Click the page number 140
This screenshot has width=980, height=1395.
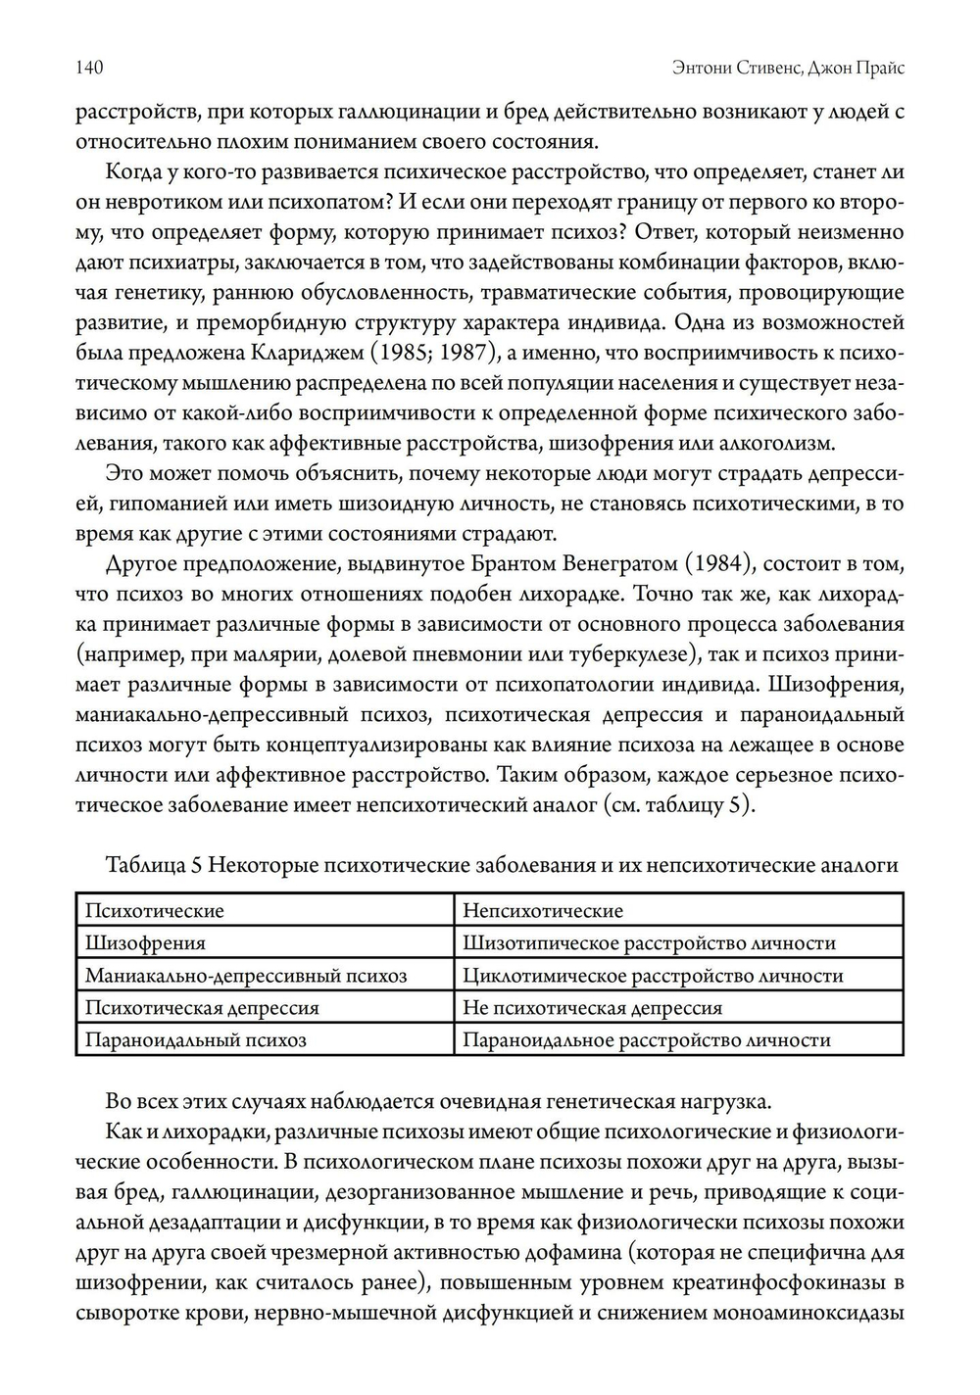pyautogui.click(x=89, y=68)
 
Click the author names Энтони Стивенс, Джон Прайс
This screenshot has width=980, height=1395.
pyautogui.click(x=789, y=68)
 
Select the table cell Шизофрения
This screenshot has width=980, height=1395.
pyautogui.click(x=146, y=942)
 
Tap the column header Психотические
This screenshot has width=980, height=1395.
pyautogui.click(x=155, y=910)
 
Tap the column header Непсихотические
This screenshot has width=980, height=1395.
pyautogui.click(x=542, y=910)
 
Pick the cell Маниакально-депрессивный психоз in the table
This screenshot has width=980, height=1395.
pyautogui.click(x=246, y=975)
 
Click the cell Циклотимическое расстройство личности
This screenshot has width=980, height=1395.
pyautogui.click(x=653, y=975)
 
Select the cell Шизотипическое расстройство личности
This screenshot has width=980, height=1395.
pyautogui.click(x=649, y=942)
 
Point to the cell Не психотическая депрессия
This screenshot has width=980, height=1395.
pyautogui.click(x=592, y=1007)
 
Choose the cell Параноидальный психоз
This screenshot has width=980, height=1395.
pyautogui.click(x=196, y=1039)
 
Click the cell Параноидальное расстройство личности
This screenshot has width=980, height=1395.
pyautogui.click(x=647, y=1039)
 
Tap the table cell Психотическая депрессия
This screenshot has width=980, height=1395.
pyautogui.click(x=202, y=1007)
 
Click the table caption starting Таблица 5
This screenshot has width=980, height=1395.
pyautogui.click(x=502, y=865)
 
